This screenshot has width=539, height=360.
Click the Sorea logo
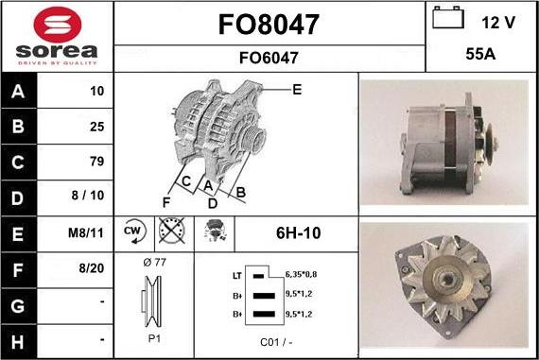click(57, 36)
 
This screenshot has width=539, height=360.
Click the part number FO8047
click(269, 23)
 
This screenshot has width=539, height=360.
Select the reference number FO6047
click(269, 58)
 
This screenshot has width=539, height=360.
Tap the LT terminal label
click(237, 275)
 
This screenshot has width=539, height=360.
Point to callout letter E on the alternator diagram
click(296, 90)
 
